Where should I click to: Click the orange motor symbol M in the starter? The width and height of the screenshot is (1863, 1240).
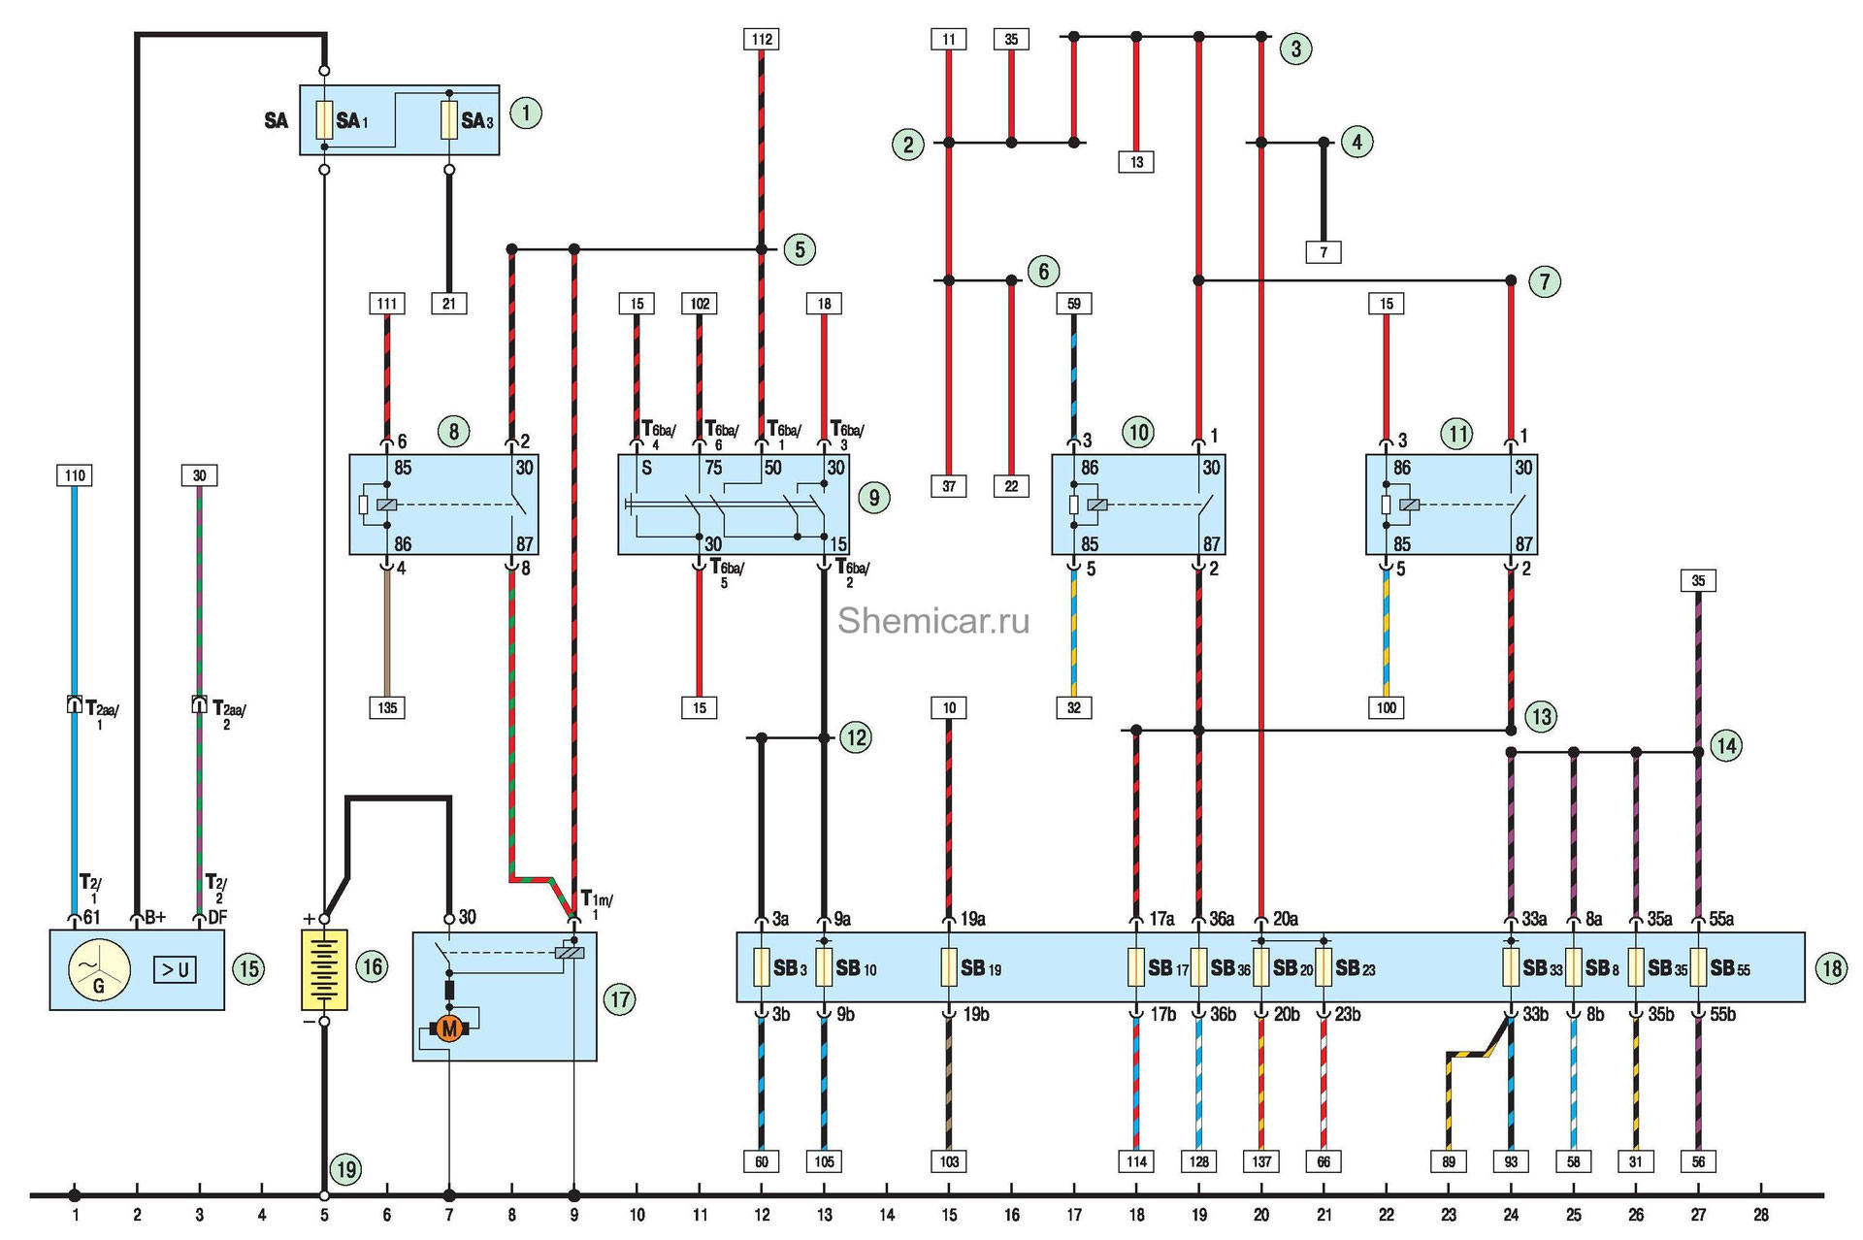pyautogui.click(x=448, y=1028)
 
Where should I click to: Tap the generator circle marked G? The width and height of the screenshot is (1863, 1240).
pyautogui.click(x=98, y=970)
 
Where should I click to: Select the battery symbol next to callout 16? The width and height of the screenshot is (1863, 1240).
pyautogui.click(x=324, y=969)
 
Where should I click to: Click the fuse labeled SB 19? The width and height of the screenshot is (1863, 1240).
pyautogui.click(x=950, y=967)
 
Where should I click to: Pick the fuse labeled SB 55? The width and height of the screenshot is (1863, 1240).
pyautogui.click(x=1698, y=967)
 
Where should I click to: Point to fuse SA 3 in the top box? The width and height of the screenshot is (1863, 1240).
pyautogui.click(x=449, y=120)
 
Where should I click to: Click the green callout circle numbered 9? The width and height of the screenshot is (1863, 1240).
pyautogui.click(x=873, y=499)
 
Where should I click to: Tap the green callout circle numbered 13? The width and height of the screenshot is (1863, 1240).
pyautogui.click(x=1541, y=717)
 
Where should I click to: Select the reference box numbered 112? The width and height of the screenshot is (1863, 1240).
pyautogui.click(x=762, y=39)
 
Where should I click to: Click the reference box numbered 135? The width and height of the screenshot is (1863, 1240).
pyautogui.click(x=387, y=707)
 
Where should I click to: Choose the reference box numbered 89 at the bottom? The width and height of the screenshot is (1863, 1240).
pyautogui.click(x=1449, y=1161)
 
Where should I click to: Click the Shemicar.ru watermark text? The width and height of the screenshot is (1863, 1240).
pyautogui.click(x=932, y=621)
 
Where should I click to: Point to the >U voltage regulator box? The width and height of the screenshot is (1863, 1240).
pyautogui.click(x=175, y=969)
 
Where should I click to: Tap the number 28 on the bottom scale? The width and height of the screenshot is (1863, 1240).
pyautogui.click(x=1760, y=1215)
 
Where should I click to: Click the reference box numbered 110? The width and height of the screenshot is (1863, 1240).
pyautogui.click(x=75, y=475)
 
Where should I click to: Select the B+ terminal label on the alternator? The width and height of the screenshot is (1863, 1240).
pyautogui.click(x=154, y=917)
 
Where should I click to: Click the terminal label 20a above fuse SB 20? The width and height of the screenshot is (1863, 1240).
pyautogui.click(x=1286, y=919)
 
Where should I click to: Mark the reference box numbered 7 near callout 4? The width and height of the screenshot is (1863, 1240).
pyautogui.click(x=1324, y=252)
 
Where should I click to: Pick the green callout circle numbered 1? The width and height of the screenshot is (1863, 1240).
pyautogui.click(x=526, y=114)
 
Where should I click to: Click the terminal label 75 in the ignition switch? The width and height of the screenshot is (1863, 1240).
pyautogui.click(x=713, y=468)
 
